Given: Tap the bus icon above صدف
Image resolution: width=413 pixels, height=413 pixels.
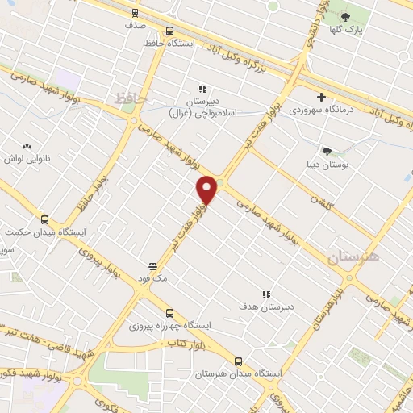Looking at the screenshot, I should pos(135,12).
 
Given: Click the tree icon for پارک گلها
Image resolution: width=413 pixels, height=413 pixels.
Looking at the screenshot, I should pos(346,17).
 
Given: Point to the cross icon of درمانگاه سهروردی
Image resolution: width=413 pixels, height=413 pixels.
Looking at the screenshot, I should pos(321,97).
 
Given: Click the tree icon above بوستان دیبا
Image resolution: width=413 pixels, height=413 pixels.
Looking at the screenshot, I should pos(327,151).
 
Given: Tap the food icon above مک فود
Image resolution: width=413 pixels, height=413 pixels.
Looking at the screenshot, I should pos(152,265).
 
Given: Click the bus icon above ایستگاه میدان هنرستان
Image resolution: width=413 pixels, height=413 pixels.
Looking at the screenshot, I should pos(237,362).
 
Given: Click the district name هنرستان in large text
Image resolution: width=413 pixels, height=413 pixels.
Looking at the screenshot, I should pos(353,257).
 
